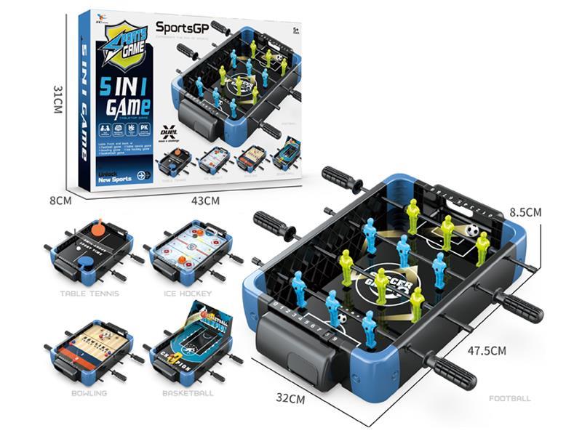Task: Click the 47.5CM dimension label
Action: point(487,350)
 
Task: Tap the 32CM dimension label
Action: point(290,398)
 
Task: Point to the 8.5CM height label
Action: point(525,212)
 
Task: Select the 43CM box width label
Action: point(206,200)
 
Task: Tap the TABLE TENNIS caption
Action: point(91,294)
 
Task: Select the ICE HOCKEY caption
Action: point(187,294)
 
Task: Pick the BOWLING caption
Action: point(89,393)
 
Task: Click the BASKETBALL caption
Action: point(188,393)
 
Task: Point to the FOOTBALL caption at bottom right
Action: point(510,398)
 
